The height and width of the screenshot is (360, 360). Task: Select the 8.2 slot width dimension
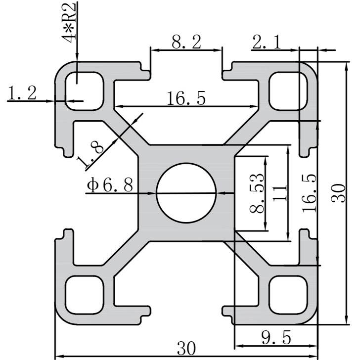coord(186,43)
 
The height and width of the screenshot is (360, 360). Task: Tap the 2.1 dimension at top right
coord(267,43)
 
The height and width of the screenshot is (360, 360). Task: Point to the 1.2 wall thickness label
coord(23,92)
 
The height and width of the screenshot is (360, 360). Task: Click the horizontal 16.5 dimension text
coord(185,98)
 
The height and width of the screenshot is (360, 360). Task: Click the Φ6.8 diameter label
coord(110,185)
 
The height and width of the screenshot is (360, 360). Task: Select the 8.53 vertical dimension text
coord(257,193)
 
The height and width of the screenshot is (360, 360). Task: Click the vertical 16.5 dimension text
coord(310,193)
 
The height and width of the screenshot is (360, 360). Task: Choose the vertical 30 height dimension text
coord(338,193)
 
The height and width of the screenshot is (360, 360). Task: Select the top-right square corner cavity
coord(288,90)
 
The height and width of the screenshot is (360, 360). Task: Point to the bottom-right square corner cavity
coord(288,295)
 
